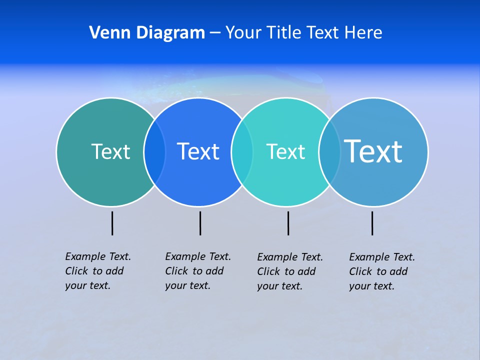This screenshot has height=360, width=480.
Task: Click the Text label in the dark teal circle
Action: (x=110, y=151)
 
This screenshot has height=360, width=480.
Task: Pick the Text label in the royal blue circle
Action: (x=198, y=151)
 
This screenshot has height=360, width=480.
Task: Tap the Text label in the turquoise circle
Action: (x=285, y=151)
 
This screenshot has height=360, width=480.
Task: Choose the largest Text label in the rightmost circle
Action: (x=373, y=151)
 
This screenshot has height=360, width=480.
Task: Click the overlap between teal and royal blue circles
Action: (x=154, y=152)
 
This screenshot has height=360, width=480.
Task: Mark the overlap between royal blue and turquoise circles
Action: (x=242, y=152)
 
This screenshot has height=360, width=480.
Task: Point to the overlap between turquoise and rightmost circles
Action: (x=329, y=152)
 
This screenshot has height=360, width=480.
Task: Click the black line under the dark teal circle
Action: (x=112, y=223)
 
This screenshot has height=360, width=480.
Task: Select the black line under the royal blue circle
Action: (x=200, y=223)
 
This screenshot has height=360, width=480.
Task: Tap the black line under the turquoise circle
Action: (x=288, y=223)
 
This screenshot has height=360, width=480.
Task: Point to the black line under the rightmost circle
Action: (x=372, y=223)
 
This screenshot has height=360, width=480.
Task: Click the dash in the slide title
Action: (x=215, y=33)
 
